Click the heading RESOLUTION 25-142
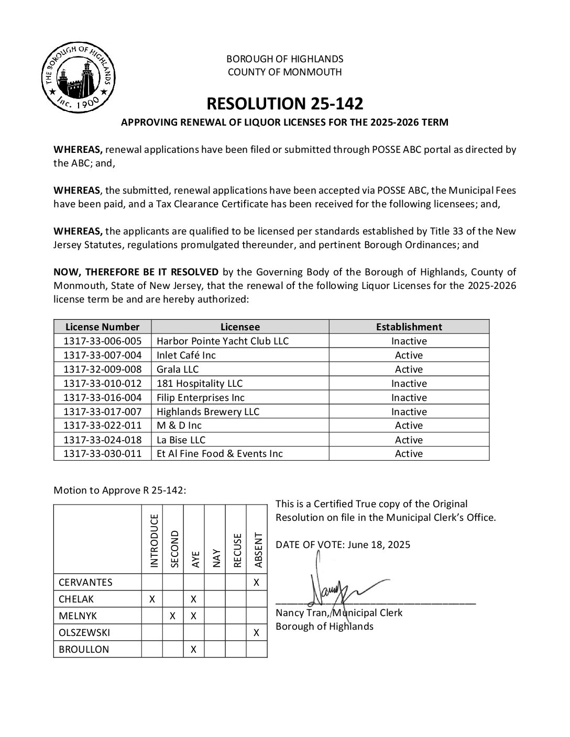coord(284,104)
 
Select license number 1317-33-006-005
coord(102,341)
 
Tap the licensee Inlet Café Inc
coord(187,355)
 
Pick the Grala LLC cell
coord(178,370)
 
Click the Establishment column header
coord(409,327)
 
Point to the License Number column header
coord(102,327)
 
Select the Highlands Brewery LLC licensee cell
coord(208,412)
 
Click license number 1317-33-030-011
coord(102,454)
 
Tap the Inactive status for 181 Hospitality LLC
coord(409,384)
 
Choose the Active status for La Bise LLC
coord(409,440)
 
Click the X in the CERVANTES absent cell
coord(256,582)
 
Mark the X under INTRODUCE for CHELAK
coord(152,599)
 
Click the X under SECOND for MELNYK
coord(172,616)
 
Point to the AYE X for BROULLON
coord(193,649)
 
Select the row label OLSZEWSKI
coord(84,632)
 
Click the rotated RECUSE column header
coord(236,550)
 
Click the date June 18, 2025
coord(378,544)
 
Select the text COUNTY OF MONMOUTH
coord(284,72)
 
